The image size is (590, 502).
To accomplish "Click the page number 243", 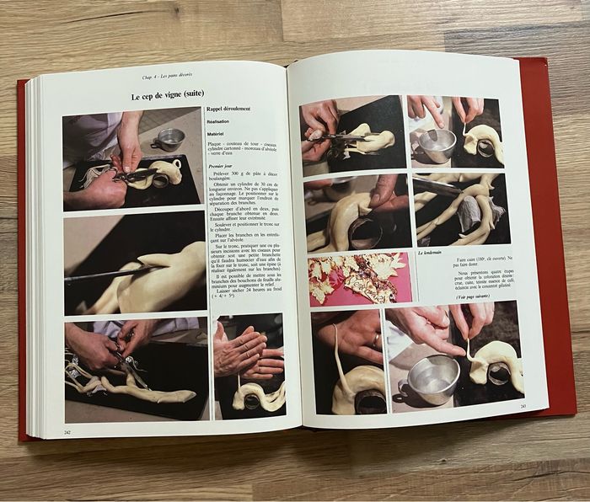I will tap(523, 407).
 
